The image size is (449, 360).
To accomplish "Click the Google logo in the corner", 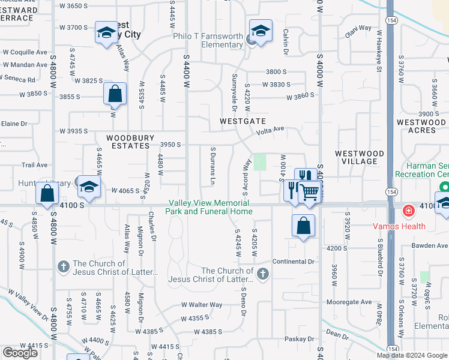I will [20, 353].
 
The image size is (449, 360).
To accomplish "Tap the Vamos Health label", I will [408, 226].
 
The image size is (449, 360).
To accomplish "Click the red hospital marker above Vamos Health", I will [408, 211].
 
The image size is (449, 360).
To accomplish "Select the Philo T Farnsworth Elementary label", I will [208, 40].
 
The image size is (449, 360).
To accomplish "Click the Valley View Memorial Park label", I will [210, 208].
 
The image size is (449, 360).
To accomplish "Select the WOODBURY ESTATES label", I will [128, 142].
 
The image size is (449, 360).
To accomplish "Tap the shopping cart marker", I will [310, 191].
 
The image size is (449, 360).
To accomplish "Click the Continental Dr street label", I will [294, 262].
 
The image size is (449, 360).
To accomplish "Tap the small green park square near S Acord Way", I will [260, 162].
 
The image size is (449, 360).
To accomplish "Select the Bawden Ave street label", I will [430, 246].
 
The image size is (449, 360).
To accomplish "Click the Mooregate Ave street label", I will [349, 302].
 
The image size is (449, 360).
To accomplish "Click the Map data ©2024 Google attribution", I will [412, 355].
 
